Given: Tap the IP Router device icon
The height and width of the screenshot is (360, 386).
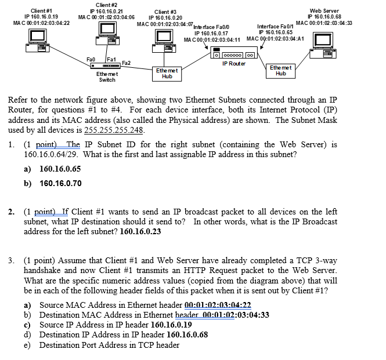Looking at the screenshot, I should coord(234,54).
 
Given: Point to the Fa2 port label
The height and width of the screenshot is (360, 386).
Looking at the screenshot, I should coord(126,63).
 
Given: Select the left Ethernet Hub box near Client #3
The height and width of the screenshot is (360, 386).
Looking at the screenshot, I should coord(167,73).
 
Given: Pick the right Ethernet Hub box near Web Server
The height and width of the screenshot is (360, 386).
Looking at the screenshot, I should coord(281,71).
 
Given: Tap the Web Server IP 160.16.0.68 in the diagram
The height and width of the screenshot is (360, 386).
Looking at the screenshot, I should coord(324,17).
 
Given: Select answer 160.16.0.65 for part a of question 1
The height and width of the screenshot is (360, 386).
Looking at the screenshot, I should coord(60,169).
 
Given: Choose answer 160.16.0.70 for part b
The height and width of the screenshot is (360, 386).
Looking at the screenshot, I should coord(60,183).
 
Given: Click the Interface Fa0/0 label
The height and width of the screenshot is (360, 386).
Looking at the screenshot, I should coord(211,27).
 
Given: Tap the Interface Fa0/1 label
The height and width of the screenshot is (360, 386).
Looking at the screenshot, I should coord(275,27).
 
